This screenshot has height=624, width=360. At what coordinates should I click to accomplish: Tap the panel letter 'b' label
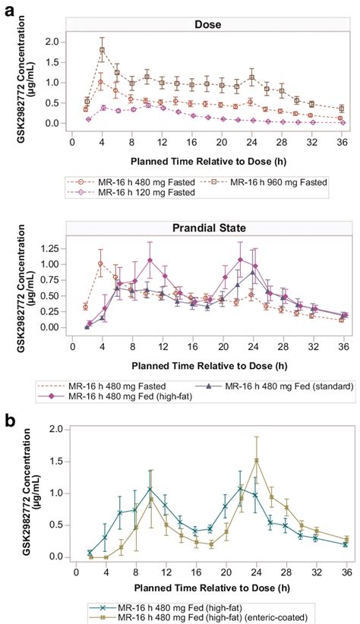[10, 421]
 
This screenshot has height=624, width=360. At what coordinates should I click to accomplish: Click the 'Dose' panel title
[207, 24]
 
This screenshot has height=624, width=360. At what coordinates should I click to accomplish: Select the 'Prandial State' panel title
[209, 228]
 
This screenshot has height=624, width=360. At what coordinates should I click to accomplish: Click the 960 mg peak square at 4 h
[102, 50]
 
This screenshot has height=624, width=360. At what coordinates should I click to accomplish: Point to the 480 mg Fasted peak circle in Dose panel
[101, 82]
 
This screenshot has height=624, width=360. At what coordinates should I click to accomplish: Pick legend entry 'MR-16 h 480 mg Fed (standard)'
[274, 386]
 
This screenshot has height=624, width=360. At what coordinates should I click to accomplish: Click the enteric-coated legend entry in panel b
[198, 618]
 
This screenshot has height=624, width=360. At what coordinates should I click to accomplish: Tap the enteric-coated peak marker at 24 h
[257, 461]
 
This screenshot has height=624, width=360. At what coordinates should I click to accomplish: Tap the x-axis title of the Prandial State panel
[209, 365]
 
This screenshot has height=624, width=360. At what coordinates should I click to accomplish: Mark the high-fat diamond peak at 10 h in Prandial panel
[150, 260]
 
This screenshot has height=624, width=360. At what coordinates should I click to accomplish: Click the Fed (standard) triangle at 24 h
[252, 273]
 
